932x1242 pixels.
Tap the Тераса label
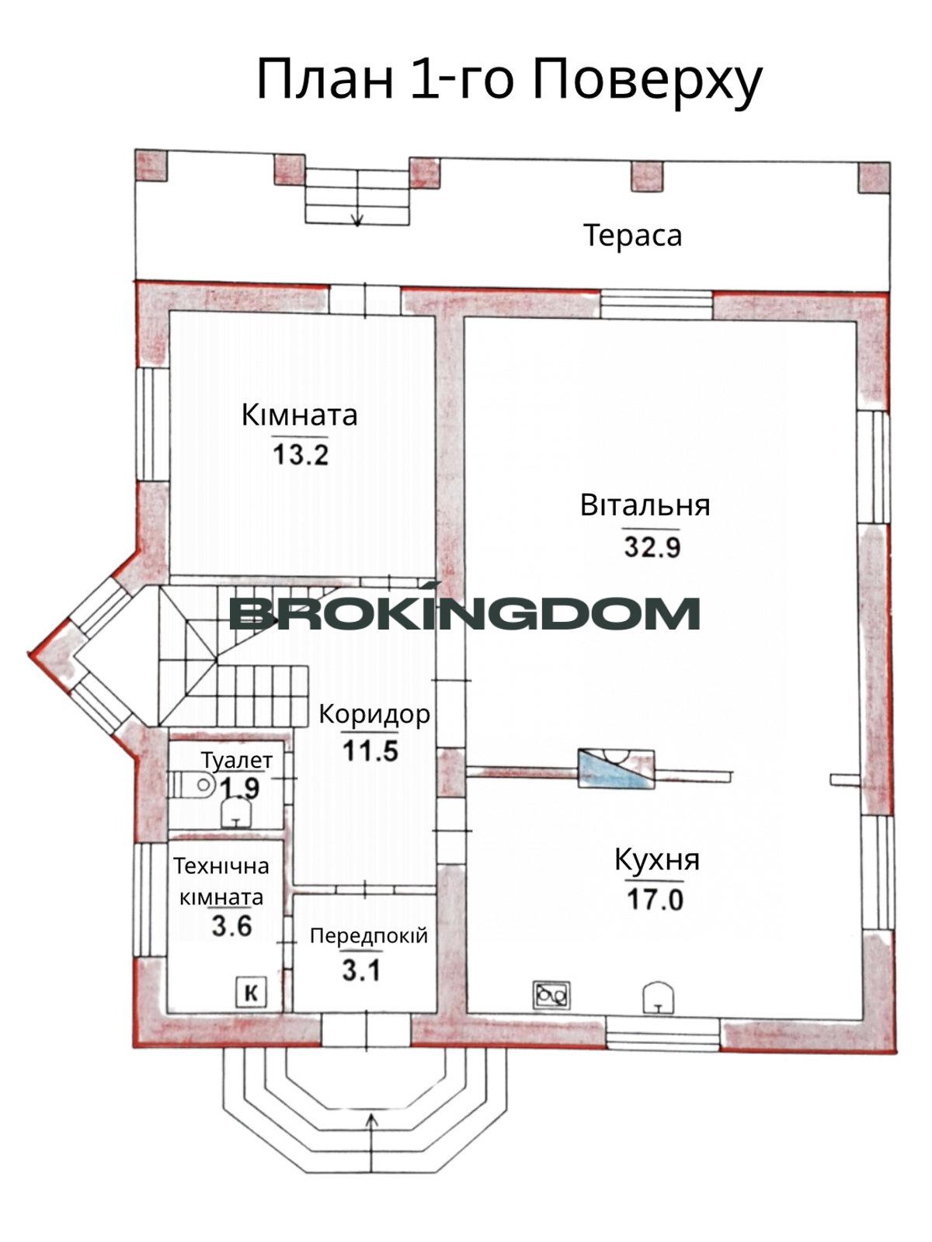point(633,235)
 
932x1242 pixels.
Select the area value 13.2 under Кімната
point(301,453)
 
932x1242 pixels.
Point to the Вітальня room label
point(645,505)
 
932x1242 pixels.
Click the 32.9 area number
point(652,546)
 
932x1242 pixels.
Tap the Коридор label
point(374,715)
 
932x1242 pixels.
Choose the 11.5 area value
point(370,751)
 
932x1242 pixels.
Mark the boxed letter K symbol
point(251,992)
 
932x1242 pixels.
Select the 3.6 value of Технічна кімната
point(232,926)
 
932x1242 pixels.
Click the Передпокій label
point(369,936)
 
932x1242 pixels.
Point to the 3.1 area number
point(362,971)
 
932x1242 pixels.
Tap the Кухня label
point(657,859)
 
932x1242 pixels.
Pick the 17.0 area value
point(656,899)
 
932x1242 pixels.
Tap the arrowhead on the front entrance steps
point(372,1119)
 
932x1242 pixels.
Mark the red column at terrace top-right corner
point(875,177)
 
